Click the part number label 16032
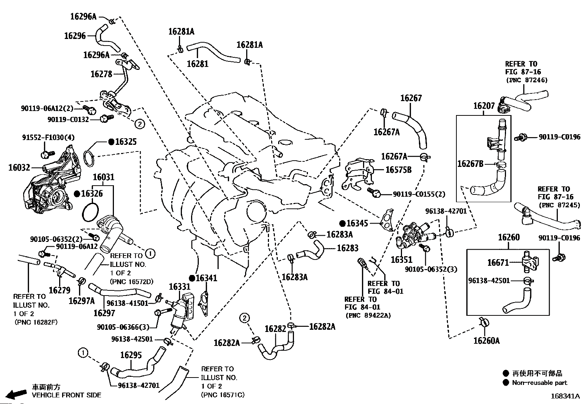(19, 168)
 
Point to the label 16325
(125, 142)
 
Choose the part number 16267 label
(411, 98)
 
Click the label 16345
(358, 223)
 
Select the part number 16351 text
(402, 260)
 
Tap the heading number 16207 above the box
(484, 106)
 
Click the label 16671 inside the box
(498, 262)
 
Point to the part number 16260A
(487, 341)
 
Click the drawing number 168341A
(565, 396)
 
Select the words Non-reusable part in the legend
(539, 383)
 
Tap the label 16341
(206, 278)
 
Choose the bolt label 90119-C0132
(68, 119)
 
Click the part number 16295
(131, 355)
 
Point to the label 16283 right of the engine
(347, 248)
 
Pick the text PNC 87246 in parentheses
(527, 80)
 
